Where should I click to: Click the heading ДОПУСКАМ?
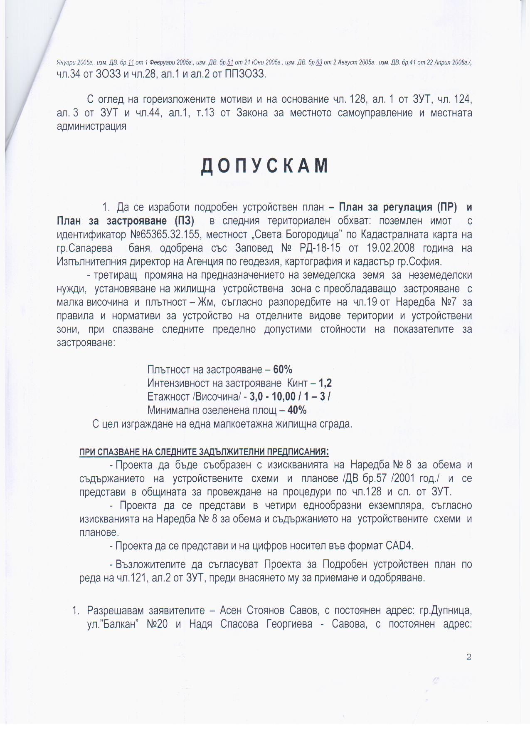(265, 166)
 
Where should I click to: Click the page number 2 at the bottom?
(469, 657)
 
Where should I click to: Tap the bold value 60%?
(283, 369)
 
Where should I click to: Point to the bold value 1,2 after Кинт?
(325, 383)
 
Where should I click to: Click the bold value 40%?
(297, 410)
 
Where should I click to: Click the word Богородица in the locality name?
(313, 235)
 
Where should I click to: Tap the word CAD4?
(399, 545)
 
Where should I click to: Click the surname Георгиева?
(289, 624)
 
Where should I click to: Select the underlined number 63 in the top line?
(319, 63)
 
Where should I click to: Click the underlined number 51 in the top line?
(230, 63)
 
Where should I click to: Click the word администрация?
(91, 126)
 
